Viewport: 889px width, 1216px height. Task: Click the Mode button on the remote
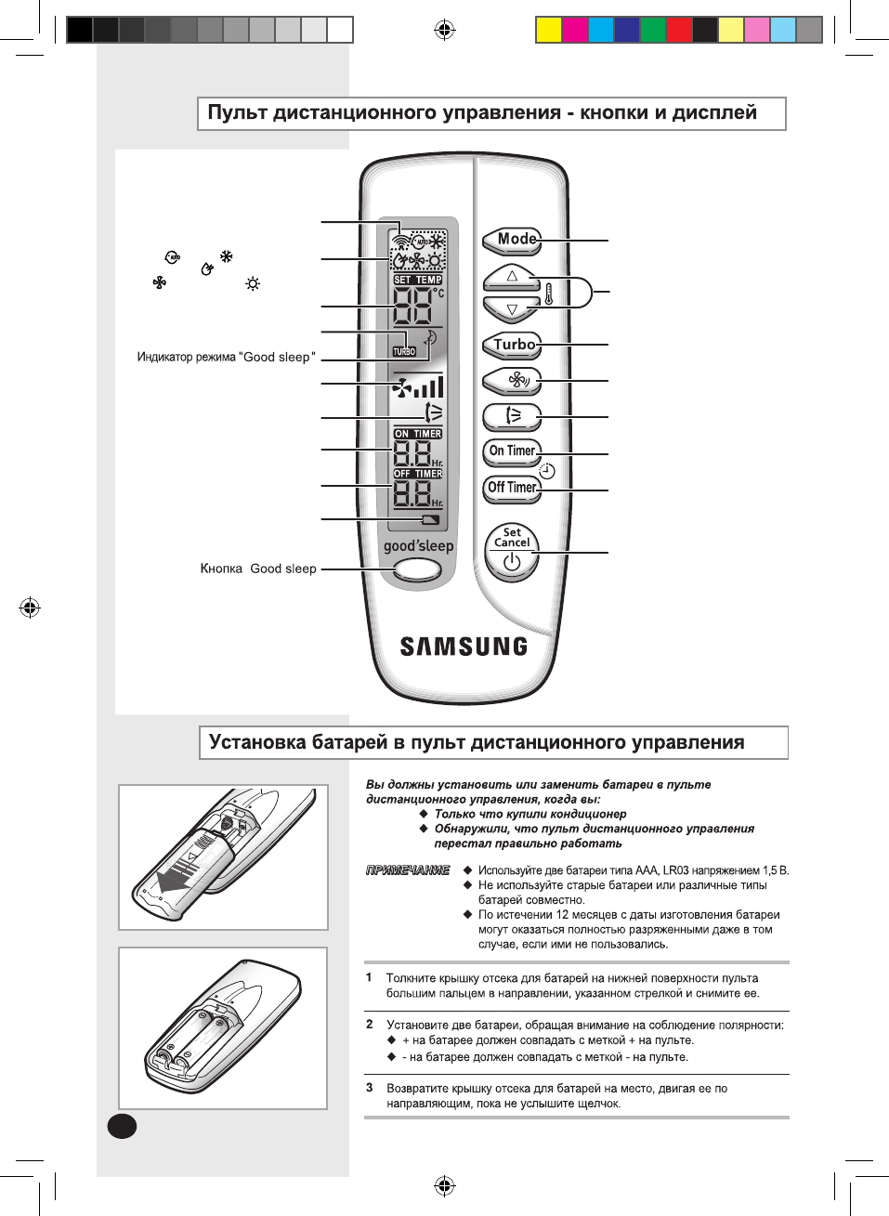[511, 240]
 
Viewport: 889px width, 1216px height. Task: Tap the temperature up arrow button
[511, 276]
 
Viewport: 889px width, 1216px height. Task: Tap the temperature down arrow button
[511, 309]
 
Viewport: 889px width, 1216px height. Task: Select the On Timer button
[512, 451]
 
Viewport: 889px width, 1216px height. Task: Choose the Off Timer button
[512, 488]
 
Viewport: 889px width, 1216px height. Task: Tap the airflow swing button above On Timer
[512, 414]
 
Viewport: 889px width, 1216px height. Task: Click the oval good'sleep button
[417, 569]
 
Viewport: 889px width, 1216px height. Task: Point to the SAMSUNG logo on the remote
[464, 647]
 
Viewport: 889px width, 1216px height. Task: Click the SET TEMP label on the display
[418, 280]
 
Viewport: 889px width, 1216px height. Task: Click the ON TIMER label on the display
[418, 434]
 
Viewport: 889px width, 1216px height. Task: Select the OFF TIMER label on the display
[418, 474]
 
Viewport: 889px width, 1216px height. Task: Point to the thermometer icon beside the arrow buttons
[549, 294]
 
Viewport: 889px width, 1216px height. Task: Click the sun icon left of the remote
[253, 283]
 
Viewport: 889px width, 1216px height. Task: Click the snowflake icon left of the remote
[226, 256]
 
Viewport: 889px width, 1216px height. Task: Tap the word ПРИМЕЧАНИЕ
[408, 870]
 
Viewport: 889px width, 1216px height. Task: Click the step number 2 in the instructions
[370, 1025]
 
